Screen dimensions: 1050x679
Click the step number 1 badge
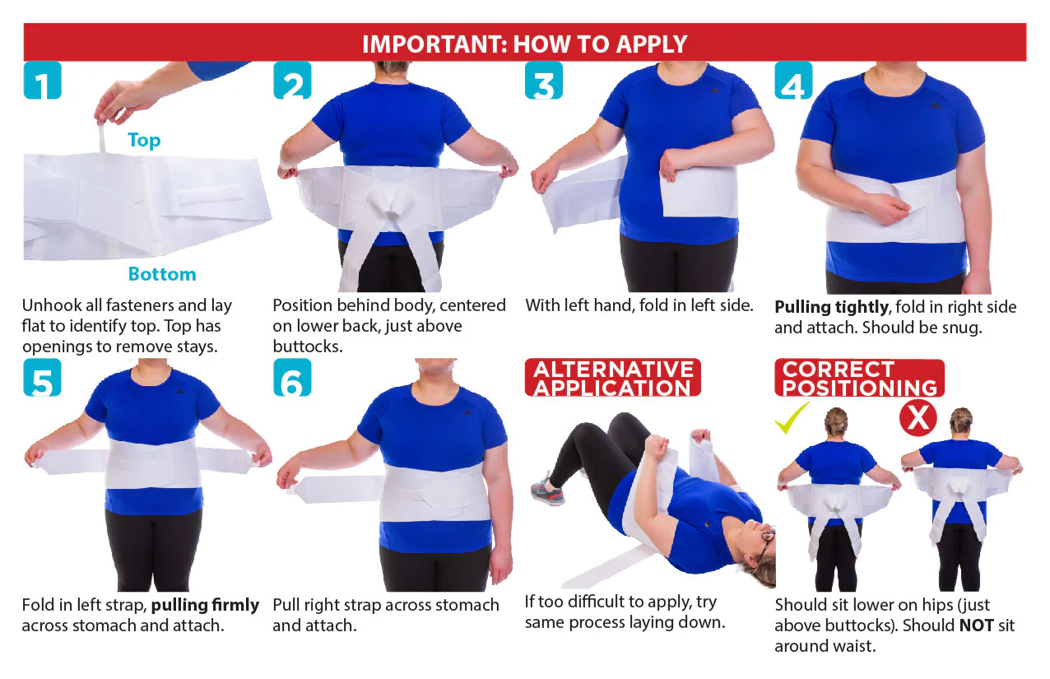point(42,80)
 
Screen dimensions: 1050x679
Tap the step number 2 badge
point(292,80)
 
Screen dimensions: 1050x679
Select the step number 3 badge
point(544,80)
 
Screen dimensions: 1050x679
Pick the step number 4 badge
point(793,80)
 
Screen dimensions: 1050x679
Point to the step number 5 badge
point(42,378)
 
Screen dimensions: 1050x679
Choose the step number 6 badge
point(292,378)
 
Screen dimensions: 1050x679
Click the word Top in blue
point(144,140)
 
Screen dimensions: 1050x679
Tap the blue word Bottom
point(162,274)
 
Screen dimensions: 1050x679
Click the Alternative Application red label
point(613,378)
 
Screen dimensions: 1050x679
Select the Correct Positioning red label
point(859,378)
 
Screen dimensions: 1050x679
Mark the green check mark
point(792,417)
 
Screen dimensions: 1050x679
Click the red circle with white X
point(918,418)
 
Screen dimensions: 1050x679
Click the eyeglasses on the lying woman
point(766,539)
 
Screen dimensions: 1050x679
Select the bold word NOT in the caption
point(977,625)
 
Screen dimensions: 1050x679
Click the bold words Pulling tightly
point(832,308)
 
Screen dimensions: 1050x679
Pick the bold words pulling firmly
point(205,606)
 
